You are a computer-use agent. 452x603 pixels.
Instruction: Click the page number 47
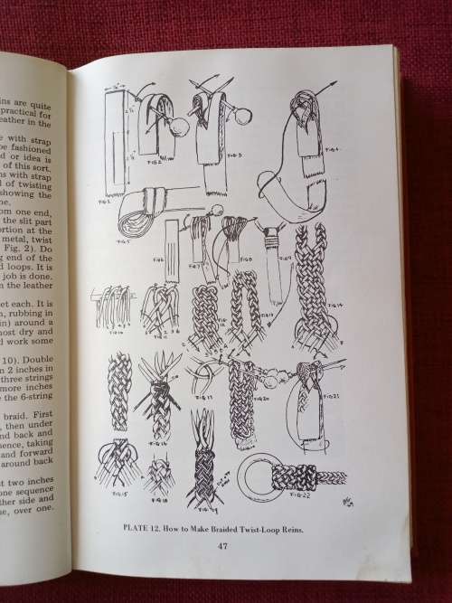click(222, 543)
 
